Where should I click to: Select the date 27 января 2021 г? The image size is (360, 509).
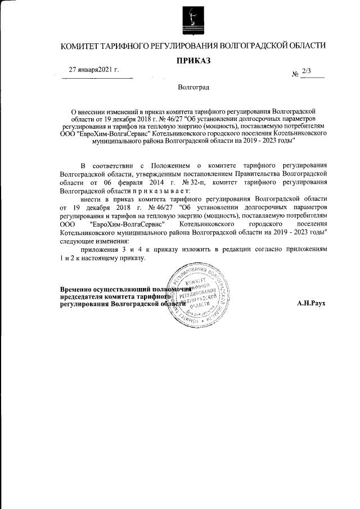click(x=93, y=70)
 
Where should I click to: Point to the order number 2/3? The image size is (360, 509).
click(x=306, y=70)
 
